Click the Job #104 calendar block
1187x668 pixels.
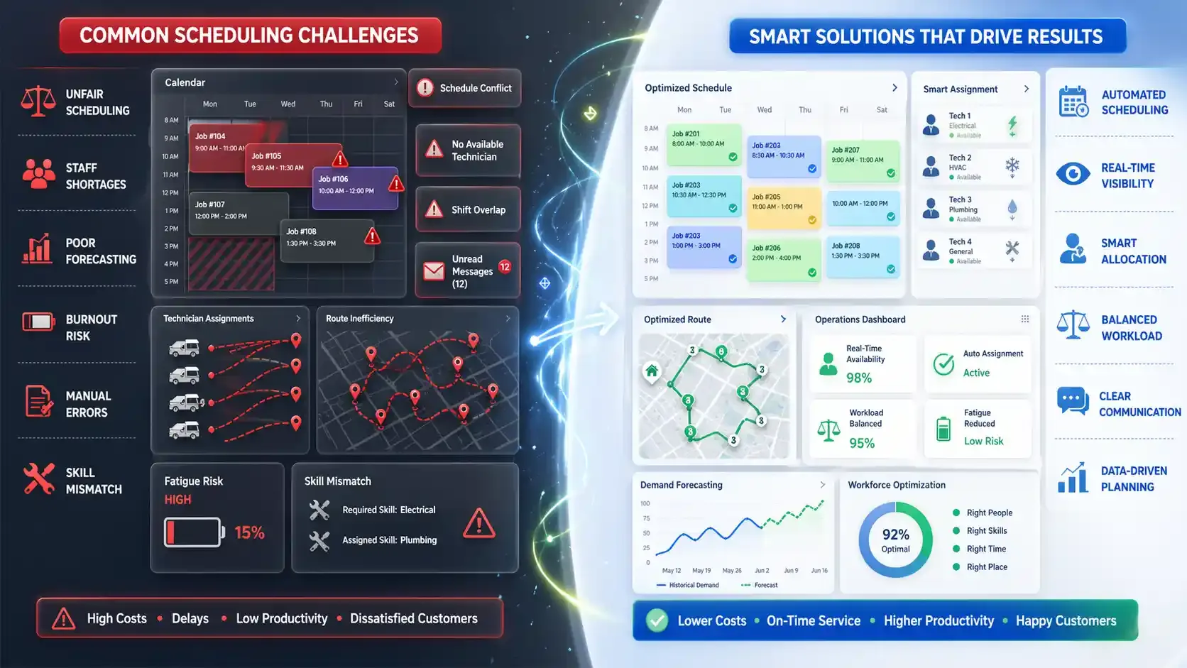tap(217, 146)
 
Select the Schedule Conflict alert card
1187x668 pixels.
tap(465, 88)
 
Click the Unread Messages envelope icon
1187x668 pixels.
tap(434, 271)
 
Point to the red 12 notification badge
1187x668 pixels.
tap(505, 267)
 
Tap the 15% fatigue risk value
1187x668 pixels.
tap(249, 532)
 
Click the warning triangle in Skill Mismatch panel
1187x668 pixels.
tap(479, 524)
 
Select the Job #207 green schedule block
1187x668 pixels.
tap(862, 160)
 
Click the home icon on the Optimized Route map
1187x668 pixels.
tap(652, 371)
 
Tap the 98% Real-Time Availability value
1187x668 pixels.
tap(859, 378)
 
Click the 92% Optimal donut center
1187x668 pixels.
tap(895, 540)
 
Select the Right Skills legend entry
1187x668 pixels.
tap(986, 531)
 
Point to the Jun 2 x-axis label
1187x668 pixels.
tap(762, 571)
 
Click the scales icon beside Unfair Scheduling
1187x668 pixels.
tap(38, 102)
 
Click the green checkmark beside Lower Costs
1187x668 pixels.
tap(657, 620)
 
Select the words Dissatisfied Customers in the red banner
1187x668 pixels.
tap(413, 619)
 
